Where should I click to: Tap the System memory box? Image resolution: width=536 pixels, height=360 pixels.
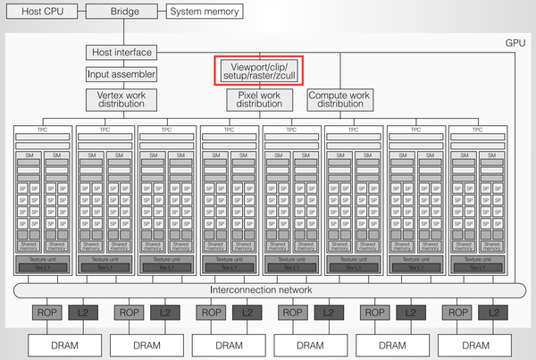click(205, 12)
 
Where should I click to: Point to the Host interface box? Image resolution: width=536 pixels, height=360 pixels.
click(121, 54)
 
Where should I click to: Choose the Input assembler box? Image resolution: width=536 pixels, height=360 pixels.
click(121, 74)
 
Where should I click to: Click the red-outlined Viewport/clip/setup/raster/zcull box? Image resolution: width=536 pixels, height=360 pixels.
click(259, 70)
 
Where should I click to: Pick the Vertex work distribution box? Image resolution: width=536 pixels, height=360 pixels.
click(121, 98)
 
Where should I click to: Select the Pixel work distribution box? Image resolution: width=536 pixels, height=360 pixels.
click(259, 98)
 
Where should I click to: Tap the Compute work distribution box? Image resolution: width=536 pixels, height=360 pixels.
click(340, 98)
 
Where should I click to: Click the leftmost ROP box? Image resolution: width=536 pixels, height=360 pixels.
click(46, 313)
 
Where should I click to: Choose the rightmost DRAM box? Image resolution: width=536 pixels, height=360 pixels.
click(475, 345)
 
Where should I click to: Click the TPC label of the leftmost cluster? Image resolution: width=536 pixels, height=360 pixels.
click(41, 130)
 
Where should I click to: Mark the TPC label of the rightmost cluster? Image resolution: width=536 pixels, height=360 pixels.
click(477, 130)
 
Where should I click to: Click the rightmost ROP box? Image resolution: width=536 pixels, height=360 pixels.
click(458, 313)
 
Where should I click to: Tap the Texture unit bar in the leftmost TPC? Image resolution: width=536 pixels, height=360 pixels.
click(41, 260)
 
